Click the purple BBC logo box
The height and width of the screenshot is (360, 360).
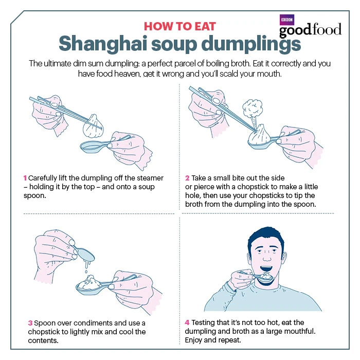click(287, 20)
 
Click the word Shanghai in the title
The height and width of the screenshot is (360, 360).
click(103, 43)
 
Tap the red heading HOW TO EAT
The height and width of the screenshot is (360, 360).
click(180, 26)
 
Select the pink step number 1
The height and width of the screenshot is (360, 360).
click(25, 178)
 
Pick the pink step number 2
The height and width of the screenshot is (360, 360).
click(187, 178)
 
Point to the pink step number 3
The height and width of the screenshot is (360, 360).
click(30, 323)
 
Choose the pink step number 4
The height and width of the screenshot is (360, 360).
click(187, 322)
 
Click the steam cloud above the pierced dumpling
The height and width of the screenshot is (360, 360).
click(253, 108)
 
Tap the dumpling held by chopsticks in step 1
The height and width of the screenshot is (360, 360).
click(93, 127)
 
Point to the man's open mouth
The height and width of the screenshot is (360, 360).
click(266, 269)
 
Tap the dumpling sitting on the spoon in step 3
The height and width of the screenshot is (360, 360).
click(90, 283)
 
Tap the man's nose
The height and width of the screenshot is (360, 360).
click(267, 257)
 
